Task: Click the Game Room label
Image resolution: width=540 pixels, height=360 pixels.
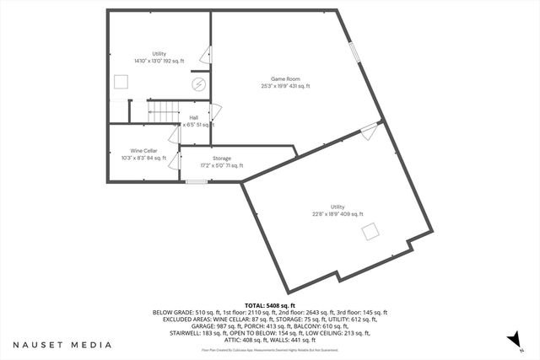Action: [285, 78]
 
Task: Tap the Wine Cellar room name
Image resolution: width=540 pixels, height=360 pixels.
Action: [144, 150]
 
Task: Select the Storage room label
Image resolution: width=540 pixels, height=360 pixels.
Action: [222, 159]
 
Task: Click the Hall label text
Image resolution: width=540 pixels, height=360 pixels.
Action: [194, 117]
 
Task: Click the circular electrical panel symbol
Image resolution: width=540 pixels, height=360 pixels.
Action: [199, 84]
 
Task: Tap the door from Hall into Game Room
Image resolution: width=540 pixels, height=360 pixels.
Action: [215, 111]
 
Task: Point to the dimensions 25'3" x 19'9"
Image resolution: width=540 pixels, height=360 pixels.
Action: [285, 86]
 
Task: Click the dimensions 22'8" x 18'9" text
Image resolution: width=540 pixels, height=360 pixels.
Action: [337, 214]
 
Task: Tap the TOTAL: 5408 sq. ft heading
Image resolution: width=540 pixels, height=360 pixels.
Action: [269, 305]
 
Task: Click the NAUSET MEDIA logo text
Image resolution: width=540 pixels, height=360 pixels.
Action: [62, 345]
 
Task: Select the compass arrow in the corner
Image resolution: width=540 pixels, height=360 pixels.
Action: [510, 339]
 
